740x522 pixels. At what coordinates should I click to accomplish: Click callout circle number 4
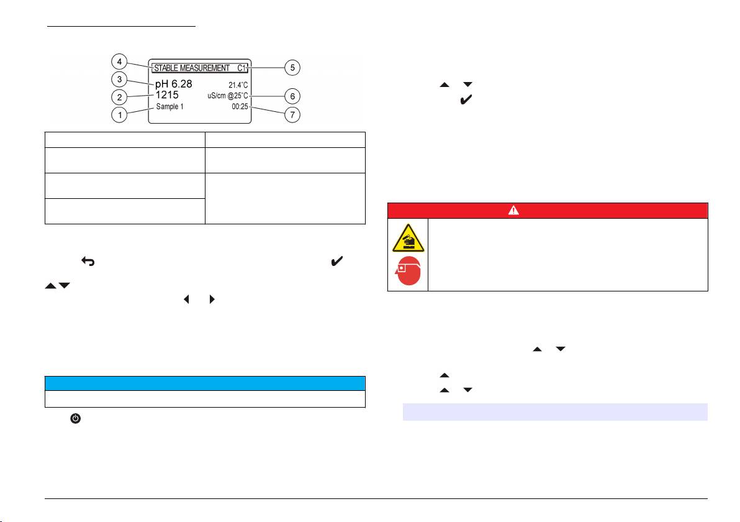(119, 62)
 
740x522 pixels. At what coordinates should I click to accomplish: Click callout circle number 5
(292, 68)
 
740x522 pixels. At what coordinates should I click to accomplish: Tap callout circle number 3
(119, 79)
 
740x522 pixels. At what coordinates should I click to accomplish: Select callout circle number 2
(119, 98)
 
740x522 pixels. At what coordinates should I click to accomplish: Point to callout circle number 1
(119, 115)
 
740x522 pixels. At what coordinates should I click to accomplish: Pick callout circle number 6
(292, 96)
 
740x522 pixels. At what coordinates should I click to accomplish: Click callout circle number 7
(292, 115)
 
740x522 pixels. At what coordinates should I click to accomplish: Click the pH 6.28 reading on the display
(174, 84)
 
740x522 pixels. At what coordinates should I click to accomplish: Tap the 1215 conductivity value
(167, 95)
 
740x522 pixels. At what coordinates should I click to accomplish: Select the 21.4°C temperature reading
(238, 85)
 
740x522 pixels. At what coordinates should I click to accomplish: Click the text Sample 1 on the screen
(170, 107)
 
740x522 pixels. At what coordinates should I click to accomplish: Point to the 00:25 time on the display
(240, 107)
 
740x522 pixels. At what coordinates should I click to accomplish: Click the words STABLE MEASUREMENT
(192, 68)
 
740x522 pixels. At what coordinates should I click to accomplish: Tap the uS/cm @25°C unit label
(227, 96)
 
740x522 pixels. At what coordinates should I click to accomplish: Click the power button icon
(76, 418)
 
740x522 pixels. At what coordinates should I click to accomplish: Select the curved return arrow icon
(88, 261)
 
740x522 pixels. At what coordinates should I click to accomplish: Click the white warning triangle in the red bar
(513, 210)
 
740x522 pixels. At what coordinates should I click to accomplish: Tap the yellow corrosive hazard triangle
(408, 239)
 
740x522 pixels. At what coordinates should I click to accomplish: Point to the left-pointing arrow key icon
(186, 299)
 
